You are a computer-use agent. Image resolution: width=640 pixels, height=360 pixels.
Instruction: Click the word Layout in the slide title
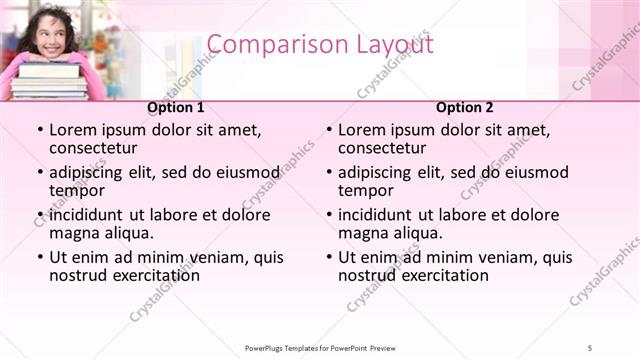(x=390, y=45)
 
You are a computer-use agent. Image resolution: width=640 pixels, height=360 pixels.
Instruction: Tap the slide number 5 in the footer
(x=591, y=347)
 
